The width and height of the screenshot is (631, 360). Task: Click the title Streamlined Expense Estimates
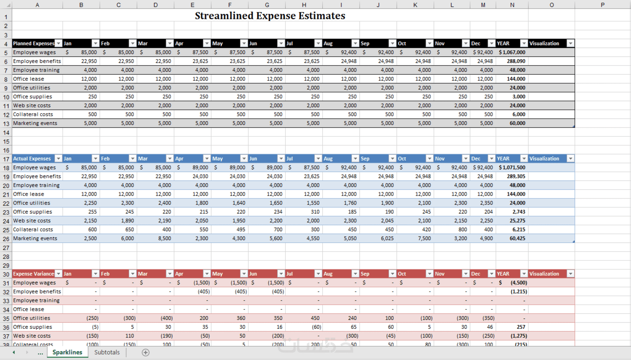point(270,16)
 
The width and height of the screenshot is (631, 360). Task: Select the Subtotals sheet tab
point(107,352)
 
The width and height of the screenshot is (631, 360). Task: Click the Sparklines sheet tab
point(67,352)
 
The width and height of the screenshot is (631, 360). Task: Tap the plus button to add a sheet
point(146,353)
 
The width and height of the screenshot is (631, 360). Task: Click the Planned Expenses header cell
point(33,43)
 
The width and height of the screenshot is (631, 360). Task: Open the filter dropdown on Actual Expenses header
point(58,158)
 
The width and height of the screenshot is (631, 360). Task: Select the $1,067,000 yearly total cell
point(512,52)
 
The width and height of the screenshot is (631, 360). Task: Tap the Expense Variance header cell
point(33,274)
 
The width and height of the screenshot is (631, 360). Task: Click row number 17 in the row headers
point(6,159)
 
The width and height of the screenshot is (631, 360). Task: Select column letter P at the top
point(602,5)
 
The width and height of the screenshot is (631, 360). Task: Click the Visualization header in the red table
point(544,274)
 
